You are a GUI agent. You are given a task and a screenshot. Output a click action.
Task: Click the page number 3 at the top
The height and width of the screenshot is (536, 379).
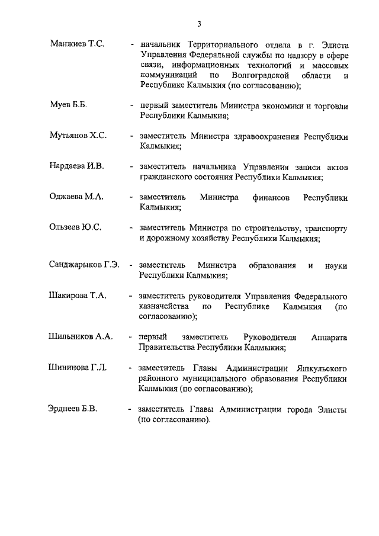pos(200,24)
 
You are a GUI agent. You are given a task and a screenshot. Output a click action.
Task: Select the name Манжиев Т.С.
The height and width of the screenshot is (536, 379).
pos(78,44)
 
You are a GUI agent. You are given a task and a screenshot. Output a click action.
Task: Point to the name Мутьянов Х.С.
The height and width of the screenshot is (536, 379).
pos(78,136)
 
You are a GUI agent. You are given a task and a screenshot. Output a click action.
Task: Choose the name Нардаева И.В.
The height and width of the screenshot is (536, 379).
pos(76,166)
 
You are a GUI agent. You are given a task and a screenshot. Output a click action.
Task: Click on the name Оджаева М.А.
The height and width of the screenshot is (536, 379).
pos(76,197)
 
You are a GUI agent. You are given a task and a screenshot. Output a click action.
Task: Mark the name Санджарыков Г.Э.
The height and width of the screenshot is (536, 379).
pos(85,265)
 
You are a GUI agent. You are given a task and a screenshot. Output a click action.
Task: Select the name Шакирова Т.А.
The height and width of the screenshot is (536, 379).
pos(78,296)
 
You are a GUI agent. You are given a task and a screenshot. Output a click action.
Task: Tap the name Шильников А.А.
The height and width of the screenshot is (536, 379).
pos(80,336)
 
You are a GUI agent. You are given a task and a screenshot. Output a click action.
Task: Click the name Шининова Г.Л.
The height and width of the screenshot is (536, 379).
pos(78,368)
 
